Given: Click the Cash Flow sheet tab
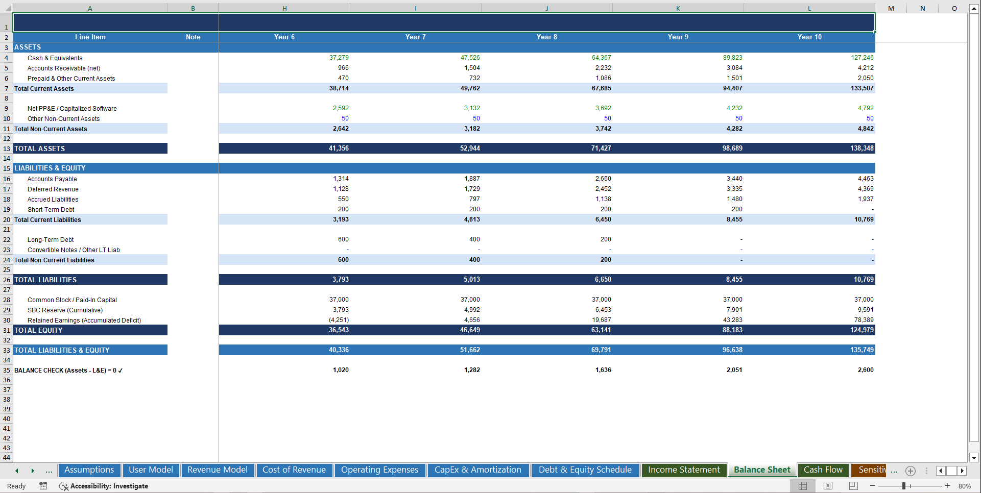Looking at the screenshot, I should coord(823,470).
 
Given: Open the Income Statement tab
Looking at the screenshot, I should coord(683,470).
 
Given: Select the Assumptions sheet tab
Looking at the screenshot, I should coord(89,470).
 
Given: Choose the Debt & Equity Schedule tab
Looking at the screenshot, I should coord(585,470).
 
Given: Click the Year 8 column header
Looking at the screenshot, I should coord(546,37).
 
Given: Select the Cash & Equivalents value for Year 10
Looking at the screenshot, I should coord(862,58).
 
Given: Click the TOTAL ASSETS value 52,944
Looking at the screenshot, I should coord(470,149).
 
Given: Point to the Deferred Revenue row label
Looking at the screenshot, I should coord(53,189).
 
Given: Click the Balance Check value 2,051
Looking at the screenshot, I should coord(734,370).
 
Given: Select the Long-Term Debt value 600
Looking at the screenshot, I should coord(343,239).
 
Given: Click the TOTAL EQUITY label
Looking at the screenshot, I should coord(38,330).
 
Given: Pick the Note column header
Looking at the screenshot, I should coord(193,37).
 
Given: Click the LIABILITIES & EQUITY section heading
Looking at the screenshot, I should coord(50,168).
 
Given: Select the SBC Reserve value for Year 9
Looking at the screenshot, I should coord(734,310).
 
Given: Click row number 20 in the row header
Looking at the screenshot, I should coord(7,220).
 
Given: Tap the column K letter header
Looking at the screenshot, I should coord(678,8).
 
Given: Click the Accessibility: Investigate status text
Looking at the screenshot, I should coord(109,486).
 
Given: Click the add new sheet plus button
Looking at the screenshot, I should coord(910,471).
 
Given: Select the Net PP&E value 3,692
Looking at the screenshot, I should coord(603,108).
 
